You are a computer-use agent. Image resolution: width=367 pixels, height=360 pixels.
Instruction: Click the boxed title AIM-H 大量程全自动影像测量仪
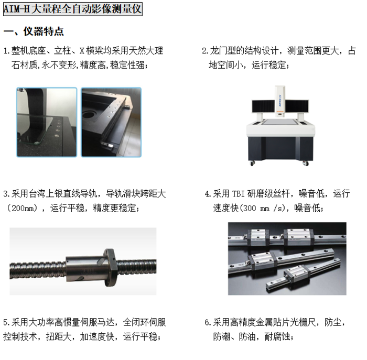coord(73,9)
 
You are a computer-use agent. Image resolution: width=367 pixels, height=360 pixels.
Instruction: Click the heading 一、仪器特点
coord(34,31)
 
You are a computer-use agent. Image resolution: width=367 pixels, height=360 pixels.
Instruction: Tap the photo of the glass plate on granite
coord(47,122)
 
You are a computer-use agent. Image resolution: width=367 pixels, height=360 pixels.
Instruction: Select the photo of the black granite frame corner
coord(111,122)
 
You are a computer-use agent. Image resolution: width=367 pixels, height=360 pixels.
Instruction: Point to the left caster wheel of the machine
coord(252,163)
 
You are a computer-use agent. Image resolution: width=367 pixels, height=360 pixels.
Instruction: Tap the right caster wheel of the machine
coord(306,163)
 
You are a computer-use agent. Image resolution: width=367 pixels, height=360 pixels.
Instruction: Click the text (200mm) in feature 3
coord(22,208)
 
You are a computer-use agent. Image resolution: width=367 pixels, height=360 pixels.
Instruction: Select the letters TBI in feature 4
coord(238,194)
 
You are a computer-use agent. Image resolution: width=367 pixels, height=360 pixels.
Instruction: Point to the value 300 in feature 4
coord(250,208)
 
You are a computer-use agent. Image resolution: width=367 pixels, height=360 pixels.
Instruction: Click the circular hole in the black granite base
coord(89,114)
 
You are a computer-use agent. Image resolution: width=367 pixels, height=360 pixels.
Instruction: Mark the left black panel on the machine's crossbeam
coord(263,106)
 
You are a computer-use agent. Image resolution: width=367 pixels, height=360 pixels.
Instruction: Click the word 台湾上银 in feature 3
coord(46,194)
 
